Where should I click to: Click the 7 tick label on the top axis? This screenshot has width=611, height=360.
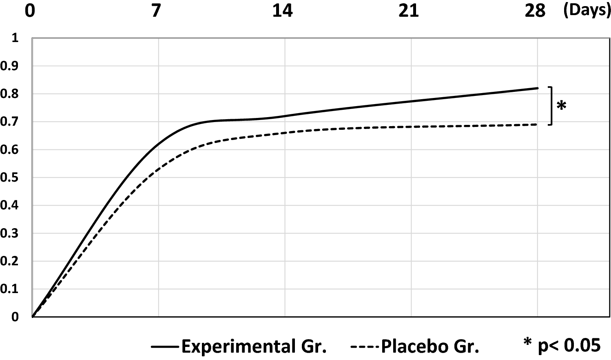coord(156,11)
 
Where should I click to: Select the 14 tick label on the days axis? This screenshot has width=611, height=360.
coord(282,11)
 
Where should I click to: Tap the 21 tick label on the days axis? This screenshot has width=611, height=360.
coord(409,11)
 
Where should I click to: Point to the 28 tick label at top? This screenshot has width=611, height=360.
coord(535,11)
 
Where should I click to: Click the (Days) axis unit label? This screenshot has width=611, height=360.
coord(587,10)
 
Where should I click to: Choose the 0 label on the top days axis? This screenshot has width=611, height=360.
coord(30,11)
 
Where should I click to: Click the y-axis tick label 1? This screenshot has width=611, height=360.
coord(15,38)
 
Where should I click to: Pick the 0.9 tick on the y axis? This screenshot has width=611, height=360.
coord(10,66)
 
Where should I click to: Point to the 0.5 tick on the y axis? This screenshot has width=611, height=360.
coord(10,178)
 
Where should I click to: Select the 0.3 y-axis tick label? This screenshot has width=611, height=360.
coord(10,233)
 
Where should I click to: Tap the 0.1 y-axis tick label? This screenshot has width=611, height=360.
coord(10,289)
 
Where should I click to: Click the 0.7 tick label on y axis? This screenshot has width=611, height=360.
coord(10,122)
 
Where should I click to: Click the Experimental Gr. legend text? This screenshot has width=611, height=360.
coord(254,347)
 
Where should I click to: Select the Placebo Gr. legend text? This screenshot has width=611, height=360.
coord(430,347)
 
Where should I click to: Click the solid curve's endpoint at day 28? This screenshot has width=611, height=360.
coord(538,88)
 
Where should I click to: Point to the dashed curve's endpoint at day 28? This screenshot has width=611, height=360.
coord(538,124)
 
